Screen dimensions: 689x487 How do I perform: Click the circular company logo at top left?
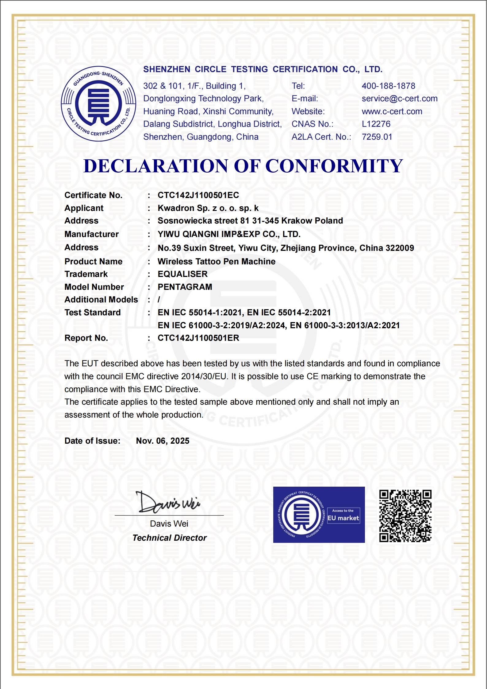click(x=98, y=104)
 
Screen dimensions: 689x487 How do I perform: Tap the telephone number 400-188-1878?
click(x=388, y=86)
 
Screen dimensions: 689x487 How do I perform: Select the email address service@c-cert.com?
click(x=399, y=99)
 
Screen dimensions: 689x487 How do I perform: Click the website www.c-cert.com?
click(x=392, y=111)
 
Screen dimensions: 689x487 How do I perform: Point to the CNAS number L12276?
click(x=376, y=124)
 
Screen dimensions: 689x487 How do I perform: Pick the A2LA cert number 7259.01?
click(x=377, y=137)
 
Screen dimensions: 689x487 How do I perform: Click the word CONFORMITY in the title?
click(x=334, y=166)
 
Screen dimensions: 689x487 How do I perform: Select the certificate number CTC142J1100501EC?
click(x=198, y=195)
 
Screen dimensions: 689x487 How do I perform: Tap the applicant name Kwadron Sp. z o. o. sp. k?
click(x=208, y=208)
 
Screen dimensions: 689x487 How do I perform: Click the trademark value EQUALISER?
click(x=182, y=274)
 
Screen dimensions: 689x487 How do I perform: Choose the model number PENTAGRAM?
click(x=185, y=287)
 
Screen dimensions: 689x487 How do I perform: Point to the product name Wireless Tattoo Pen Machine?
click(x=216, y=262)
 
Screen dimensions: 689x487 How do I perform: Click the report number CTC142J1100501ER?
click(x=198, y=338)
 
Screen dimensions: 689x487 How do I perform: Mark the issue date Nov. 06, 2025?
click(x=163, y=441)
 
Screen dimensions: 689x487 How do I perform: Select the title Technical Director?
click(x=169, y=538)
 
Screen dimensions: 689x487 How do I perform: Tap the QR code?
click(x=405, y=516)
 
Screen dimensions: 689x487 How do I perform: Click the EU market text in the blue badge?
click(x=343, y=518)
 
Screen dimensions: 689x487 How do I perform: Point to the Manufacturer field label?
click(x=91, y=234)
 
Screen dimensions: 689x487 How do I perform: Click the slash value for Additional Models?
click(x=159, y=300)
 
